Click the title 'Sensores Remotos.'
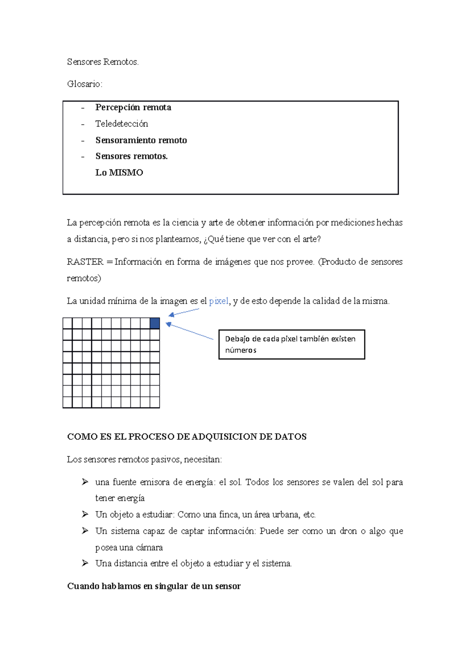pos(103,62)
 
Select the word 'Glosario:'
pos(85,84)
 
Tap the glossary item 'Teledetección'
pos(121,124)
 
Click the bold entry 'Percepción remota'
pos(133,108)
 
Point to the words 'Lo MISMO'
pos(119,173)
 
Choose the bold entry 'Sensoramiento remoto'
pos(141,140)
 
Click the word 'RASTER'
pos(85,262)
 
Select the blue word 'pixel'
pos(219,301)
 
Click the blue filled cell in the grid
pos(155,323)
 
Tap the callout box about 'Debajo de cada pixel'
pos(291,345)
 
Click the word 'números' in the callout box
pos(240,350)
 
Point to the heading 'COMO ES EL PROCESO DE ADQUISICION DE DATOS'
pos(187,437)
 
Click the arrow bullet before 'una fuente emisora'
pos(85,482)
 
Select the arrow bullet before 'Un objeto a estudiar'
pos(85,515)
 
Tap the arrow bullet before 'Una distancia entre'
pos(85,564)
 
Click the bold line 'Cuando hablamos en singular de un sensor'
pos(154,586)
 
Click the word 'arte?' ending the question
pos(311,239)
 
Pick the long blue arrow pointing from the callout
pos(190,332)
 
